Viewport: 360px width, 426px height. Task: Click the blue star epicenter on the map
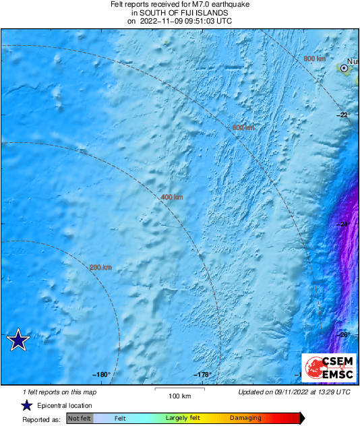[18, 340]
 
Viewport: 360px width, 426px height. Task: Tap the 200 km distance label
[100, 268]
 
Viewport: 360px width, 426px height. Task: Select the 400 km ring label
[172, 197]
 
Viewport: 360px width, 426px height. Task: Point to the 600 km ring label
[243, 127]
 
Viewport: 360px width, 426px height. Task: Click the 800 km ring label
[314, 59]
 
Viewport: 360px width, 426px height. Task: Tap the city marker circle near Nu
[344, 68]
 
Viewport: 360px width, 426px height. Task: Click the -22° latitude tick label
[343, 115]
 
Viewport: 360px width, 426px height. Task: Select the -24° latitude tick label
[343, 224]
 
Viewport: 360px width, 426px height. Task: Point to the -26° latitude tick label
[343, 334]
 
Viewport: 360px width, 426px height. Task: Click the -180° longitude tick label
[102, 375]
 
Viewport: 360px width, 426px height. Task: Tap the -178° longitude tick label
[204, 375]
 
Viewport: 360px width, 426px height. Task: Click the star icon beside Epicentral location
[26, 405]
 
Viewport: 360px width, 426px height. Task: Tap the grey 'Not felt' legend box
[80, 419]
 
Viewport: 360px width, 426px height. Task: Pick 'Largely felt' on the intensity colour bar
[181, 419]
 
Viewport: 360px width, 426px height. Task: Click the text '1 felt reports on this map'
[59, 392]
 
